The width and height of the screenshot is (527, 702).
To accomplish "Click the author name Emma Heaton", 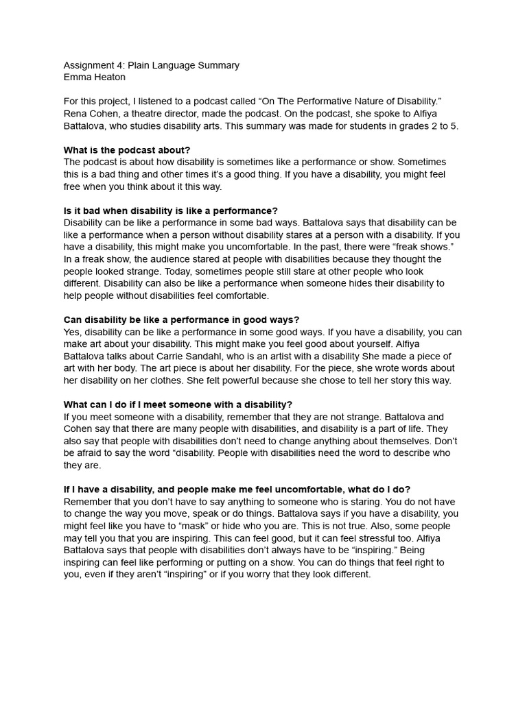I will (94, 77).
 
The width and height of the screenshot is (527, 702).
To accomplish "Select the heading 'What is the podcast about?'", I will (127, 150).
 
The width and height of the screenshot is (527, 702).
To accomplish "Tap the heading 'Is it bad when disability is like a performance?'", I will (171, 210).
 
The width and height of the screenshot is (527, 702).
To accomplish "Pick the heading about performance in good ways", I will (181, 320).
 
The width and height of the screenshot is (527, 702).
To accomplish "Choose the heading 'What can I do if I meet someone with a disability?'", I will (178, 405).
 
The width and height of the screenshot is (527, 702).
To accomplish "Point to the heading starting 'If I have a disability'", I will (237, 489).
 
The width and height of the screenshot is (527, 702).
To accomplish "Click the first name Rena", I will (75, 114).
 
